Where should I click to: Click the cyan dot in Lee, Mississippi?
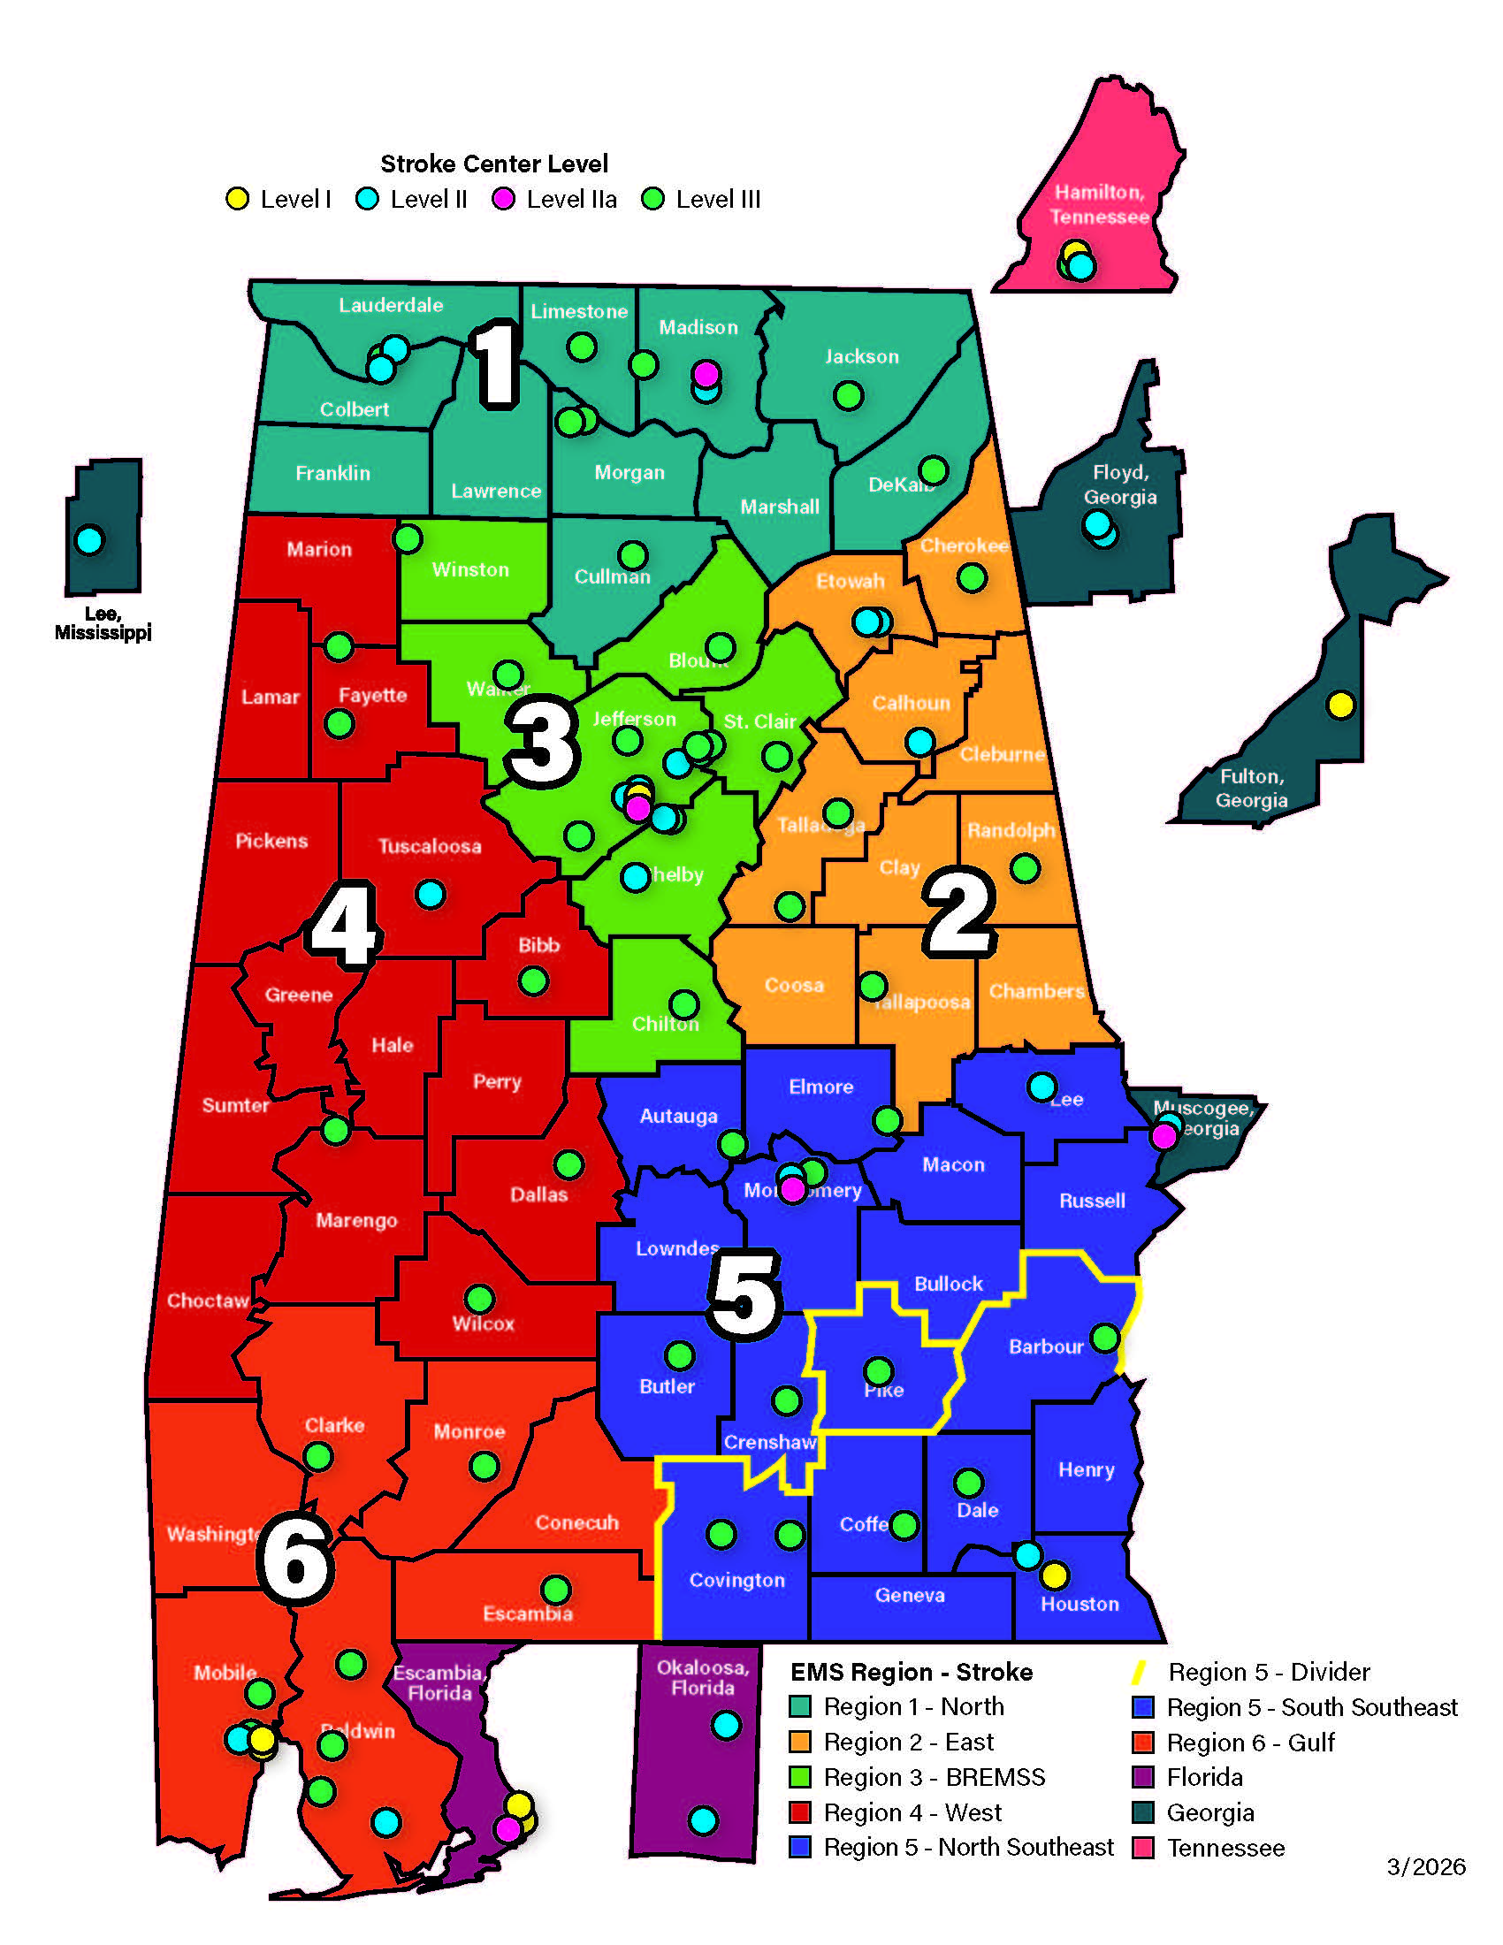pyautogui.click(x=89, y=539)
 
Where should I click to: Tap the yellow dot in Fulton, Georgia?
pyautogui.click(x=1340, y=705)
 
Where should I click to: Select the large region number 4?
pyautogui.click(x=344, y=925)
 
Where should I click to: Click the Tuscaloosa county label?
pyautogui.click(x=429, y=846)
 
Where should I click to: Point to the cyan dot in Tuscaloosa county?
pyautogui.click(x=430, y=893)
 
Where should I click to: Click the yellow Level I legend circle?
pyautogui.click(x=237, y=199)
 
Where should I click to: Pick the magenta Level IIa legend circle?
pyautogui.click(x=504, y=199)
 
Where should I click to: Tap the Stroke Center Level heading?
pyautogui.click(x=494, y=164)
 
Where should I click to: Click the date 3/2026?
pyautogui.click(x=1425, y=1865)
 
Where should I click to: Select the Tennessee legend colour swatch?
pyautogui.click(x=1143, y=1847)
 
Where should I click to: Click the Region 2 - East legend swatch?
pyautogui.click(x=799, y=1741)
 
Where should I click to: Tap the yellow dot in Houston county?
pyautogui.click(x=1054, y=1575)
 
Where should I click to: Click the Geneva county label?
pyautogui.click(x=909, y=1595)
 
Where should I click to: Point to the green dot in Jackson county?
pyautogui.click(x=848, y=394)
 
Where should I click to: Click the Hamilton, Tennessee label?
pyautogui.click(x=1099, y=204)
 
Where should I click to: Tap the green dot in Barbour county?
pyautogui.click(x=1104, y=1337)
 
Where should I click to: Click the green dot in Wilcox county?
pyautogui.click(x=479, y=1298)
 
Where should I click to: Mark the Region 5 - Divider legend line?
pyautogui.click(x=1138, y=1672)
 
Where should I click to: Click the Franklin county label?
pyautogui.click(x=332, y=473)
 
